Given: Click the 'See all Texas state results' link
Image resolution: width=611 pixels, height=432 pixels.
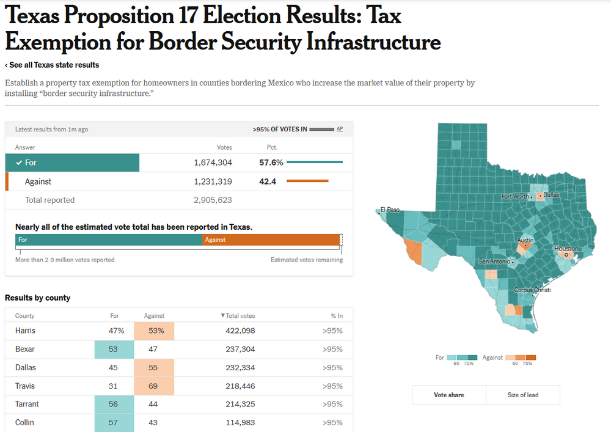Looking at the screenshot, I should click(52, 65).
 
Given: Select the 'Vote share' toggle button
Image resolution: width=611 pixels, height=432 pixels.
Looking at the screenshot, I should click(448, 395).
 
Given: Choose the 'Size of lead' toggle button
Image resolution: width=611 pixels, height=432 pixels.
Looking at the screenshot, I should click(523, 395).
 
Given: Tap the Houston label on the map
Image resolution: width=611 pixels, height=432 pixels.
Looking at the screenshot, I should click(566, 249).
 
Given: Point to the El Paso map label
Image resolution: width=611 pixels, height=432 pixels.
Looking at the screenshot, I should click(390, 210).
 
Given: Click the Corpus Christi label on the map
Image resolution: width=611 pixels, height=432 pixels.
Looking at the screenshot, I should click(532, 290).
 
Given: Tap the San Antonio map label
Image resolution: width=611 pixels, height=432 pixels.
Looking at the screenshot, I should click(493, 262).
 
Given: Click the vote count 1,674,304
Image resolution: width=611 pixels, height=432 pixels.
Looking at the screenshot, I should click(213, 163).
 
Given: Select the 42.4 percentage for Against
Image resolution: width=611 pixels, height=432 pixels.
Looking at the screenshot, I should click(268, 181).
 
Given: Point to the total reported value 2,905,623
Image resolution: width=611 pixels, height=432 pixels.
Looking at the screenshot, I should click(213, 200).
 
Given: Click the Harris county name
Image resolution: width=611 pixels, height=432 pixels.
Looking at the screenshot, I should click(25, 331).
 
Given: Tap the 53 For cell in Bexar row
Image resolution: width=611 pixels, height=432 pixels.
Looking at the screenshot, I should click(114, 349).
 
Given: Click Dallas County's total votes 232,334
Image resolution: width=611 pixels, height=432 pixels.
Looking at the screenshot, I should click(240, 367).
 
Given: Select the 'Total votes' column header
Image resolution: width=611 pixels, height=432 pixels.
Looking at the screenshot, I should click(238, 315).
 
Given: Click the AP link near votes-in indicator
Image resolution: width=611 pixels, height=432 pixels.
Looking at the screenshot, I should click(340, 129).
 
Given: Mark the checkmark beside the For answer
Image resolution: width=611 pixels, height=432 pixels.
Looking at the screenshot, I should click(20, 163).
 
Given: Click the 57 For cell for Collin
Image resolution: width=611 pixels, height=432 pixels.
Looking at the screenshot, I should click(114, 422).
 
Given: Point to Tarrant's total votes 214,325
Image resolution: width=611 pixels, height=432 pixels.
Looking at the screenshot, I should click(240, 404).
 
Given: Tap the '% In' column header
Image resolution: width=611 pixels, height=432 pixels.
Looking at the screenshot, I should click(336, 315).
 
